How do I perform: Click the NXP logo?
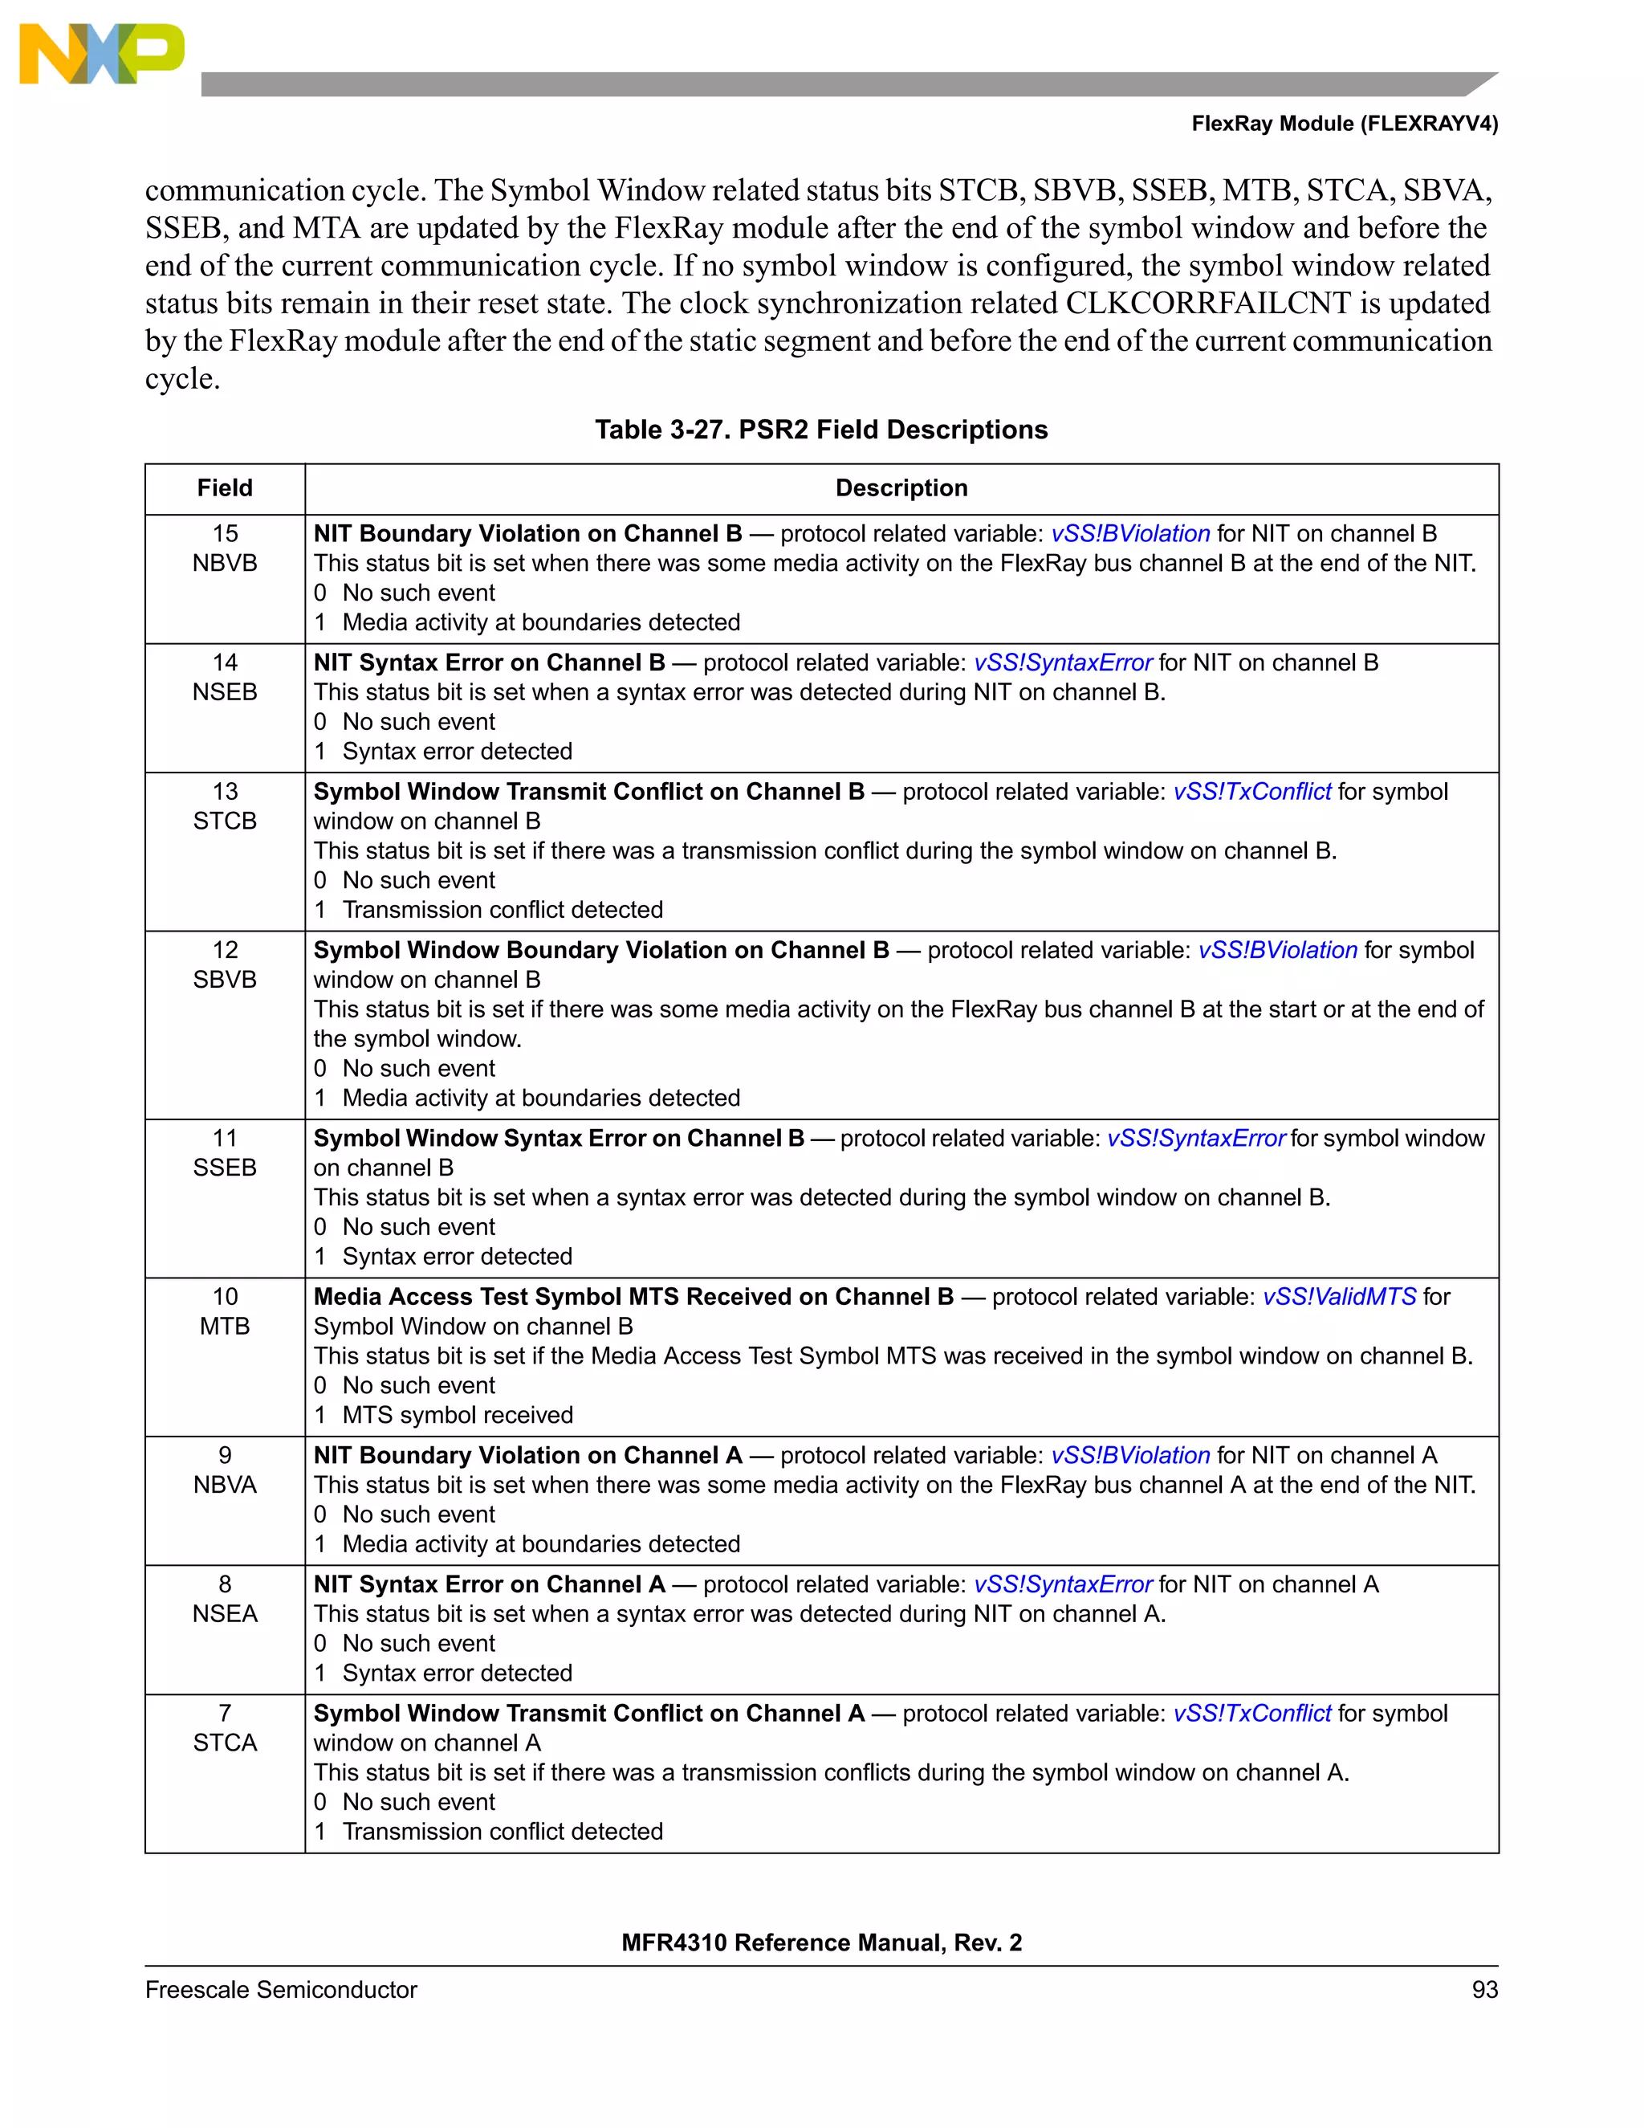[101, 54]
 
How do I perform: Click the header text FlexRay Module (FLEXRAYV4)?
[1344, 124]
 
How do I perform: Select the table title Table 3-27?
[821, 430]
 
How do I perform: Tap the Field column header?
[225, 488]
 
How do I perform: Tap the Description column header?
[901, 488]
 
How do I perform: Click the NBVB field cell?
[225, 563]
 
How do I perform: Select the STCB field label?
[225, 821]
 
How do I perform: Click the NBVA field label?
[225, 1485]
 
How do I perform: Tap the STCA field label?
[225, 1743]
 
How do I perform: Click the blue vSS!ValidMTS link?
[1339, 1297]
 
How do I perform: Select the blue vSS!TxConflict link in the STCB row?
[1251, 792]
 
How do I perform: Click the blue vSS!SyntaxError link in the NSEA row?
[1063, 1584]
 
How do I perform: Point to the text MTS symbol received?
[458, 1415]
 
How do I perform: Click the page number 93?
[1484, 1990]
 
